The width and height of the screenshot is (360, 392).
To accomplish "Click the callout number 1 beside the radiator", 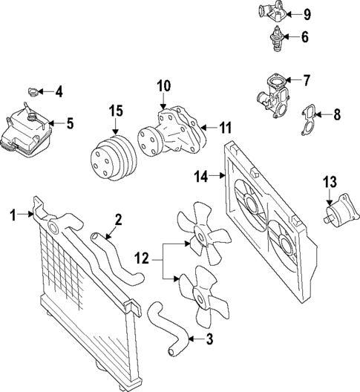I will click(13, 215).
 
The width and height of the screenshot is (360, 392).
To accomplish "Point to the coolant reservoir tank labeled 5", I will click(26, 134).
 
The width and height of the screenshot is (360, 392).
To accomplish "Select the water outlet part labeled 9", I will click(273, 13).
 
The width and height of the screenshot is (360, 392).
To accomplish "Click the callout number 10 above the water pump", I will click(163, 86).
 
